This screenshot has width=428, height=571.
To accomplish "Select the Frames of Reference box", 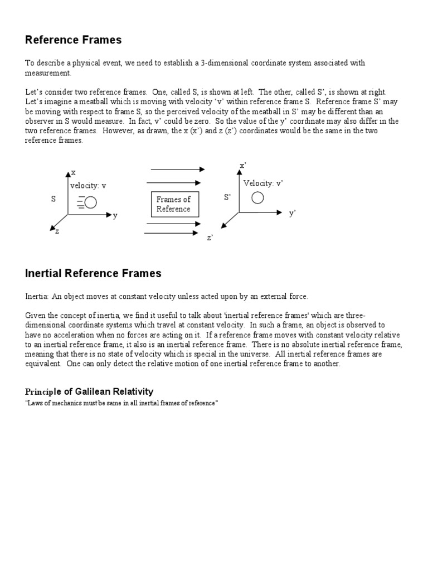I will pyautogui.click(x=174, y=204).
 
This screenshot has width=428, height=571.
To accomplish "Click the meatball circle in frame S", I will pyautogui.click(x=90, y=202).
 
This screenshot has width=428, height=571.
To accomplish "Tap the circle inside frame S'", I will pyautogui.click(x=257, y=198).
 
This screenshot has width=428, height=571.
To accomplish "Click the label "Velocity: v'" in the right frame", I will pyautogui.click(x=263, y=183).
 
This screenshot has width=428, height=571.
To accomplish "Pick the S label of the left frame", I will pyautogui.click(x=53, y=199).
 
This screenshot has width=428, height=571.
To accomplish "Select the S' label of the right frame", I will pyautogui.click(x=227, y=197).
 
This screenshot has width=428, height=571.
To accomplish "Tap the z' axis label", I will pyautogui.click(x=210, y=238).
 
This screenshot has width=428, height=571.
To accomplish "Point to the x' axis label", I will pyautogui.click(x=243, y=166).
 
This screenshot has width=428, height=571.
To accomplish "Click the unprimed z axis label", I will pyautogui.click(x=57, y=231).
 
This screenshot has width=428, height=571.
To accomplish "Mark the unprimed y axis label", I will pyautogui.click(x=115, y=216).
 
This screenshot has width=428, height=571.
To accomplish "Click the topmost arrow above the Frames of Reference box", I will pyautogui.click(x=178, y=169).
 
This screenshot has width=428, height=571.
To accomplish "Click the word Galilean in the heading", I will pyautogui.click(x=89, y=391).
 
